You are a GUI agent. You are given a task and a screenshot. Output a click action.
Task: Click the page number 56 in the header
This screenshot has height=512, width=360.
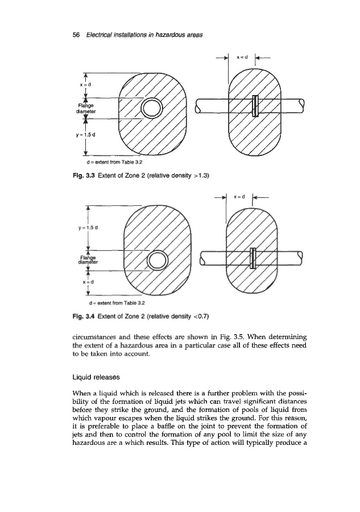click(x=77, y=35)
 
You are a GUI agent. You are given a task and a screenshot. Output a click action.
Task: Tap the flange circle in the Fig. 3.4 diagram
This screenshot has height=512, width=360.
click(x=158, y=262)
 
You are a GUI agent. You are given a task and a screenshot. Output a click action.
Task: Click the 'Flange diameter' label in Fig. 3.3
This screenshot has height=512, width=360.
click(x=84, y=108)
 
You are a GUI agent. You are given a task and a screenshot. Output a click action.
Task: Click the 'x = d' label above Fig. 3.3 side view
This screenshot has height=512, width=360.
click(x=241, y=57)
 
